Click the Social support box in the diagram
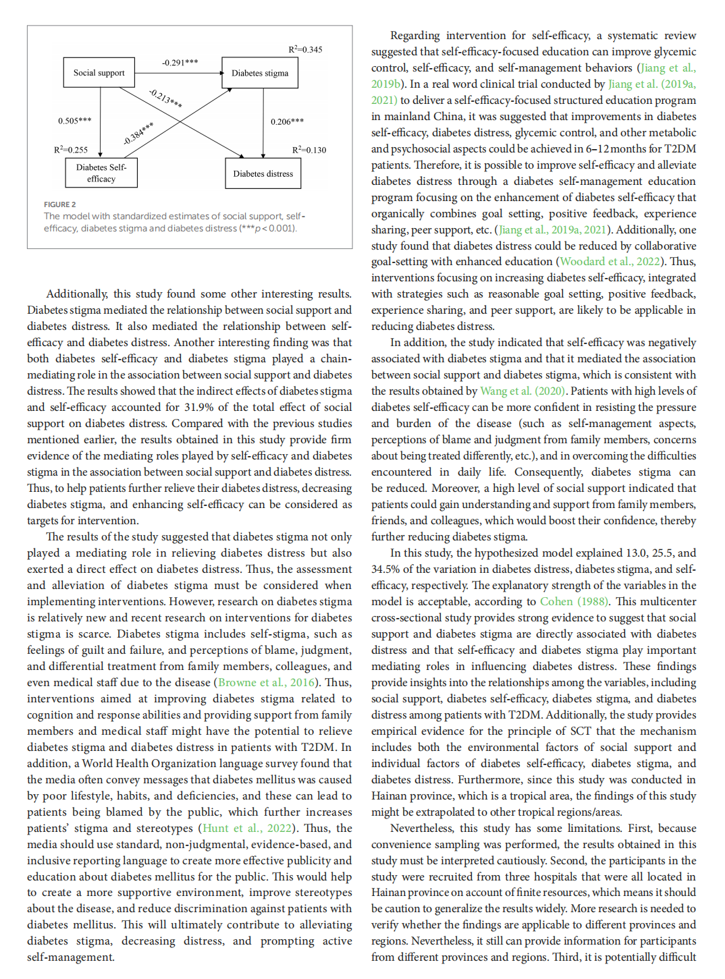99,73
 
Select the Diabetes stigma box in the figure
260,73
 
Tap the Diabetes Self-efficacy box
101,173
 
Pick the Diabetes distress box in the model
263,173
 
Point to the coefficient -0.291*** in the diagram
180,63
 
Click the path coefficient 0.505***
74,121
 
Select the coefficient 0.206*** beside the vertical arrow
287,121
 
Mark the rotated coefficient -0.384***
138,134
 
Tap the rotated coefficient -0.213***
165,99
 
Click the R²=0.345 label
305,50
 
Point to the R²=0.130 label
308,150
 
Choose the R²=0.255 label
71,150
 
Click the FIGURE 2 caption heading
60,204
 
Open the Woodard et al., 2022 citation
609,262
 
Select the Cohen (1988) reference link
574,602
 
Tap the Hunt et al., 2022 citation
248,829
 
